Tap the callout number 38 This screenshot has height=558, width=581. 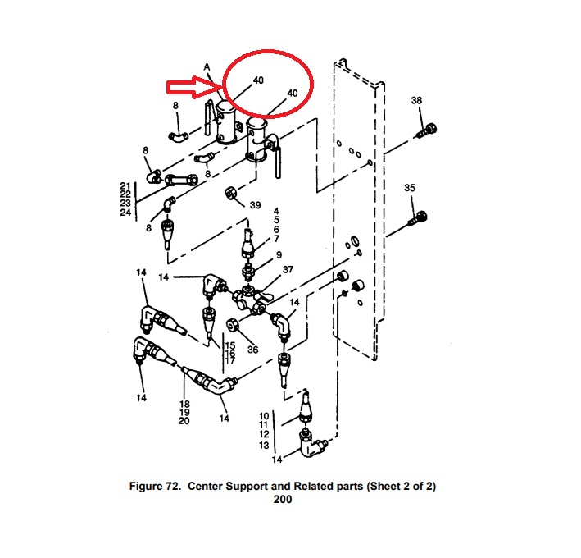pyautogui.click(x=416, y=100)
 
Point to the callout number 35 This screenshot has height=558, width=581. pyautogui.click(x=410, y=188)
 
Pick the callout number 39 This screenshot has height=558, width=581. pyautogui.click(x=255, y=205)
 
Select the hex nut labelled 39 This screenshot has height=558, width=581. pyautogui.click(x=232, y=194)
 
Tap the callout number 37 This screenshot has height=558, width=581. pyautogui.click(x=288, y=269)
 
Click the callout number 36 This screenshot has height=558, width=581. pyautogui.click(x=252, y=350)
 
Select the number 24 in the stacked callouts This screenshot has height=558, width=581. pyautogui.click(x=125, y=213)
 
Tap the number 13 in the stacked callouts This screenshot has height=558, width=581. pyautogui.click(x=264, y=445)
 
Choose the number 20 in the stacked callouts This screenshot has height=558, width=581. pyautogui.click(x=184, y=421)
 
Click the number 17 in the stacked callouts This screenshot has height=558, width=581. pyautogui.click(x=230, y=361)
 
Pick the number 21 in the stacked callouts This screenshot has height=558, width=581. pyautogui.click(x=125, y=185)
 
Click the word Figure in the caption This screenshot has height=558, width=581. pyautogui.click(x=149, y=487)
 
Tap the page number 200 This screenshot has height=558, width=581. pyautogui.click(x=283, y=500)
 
